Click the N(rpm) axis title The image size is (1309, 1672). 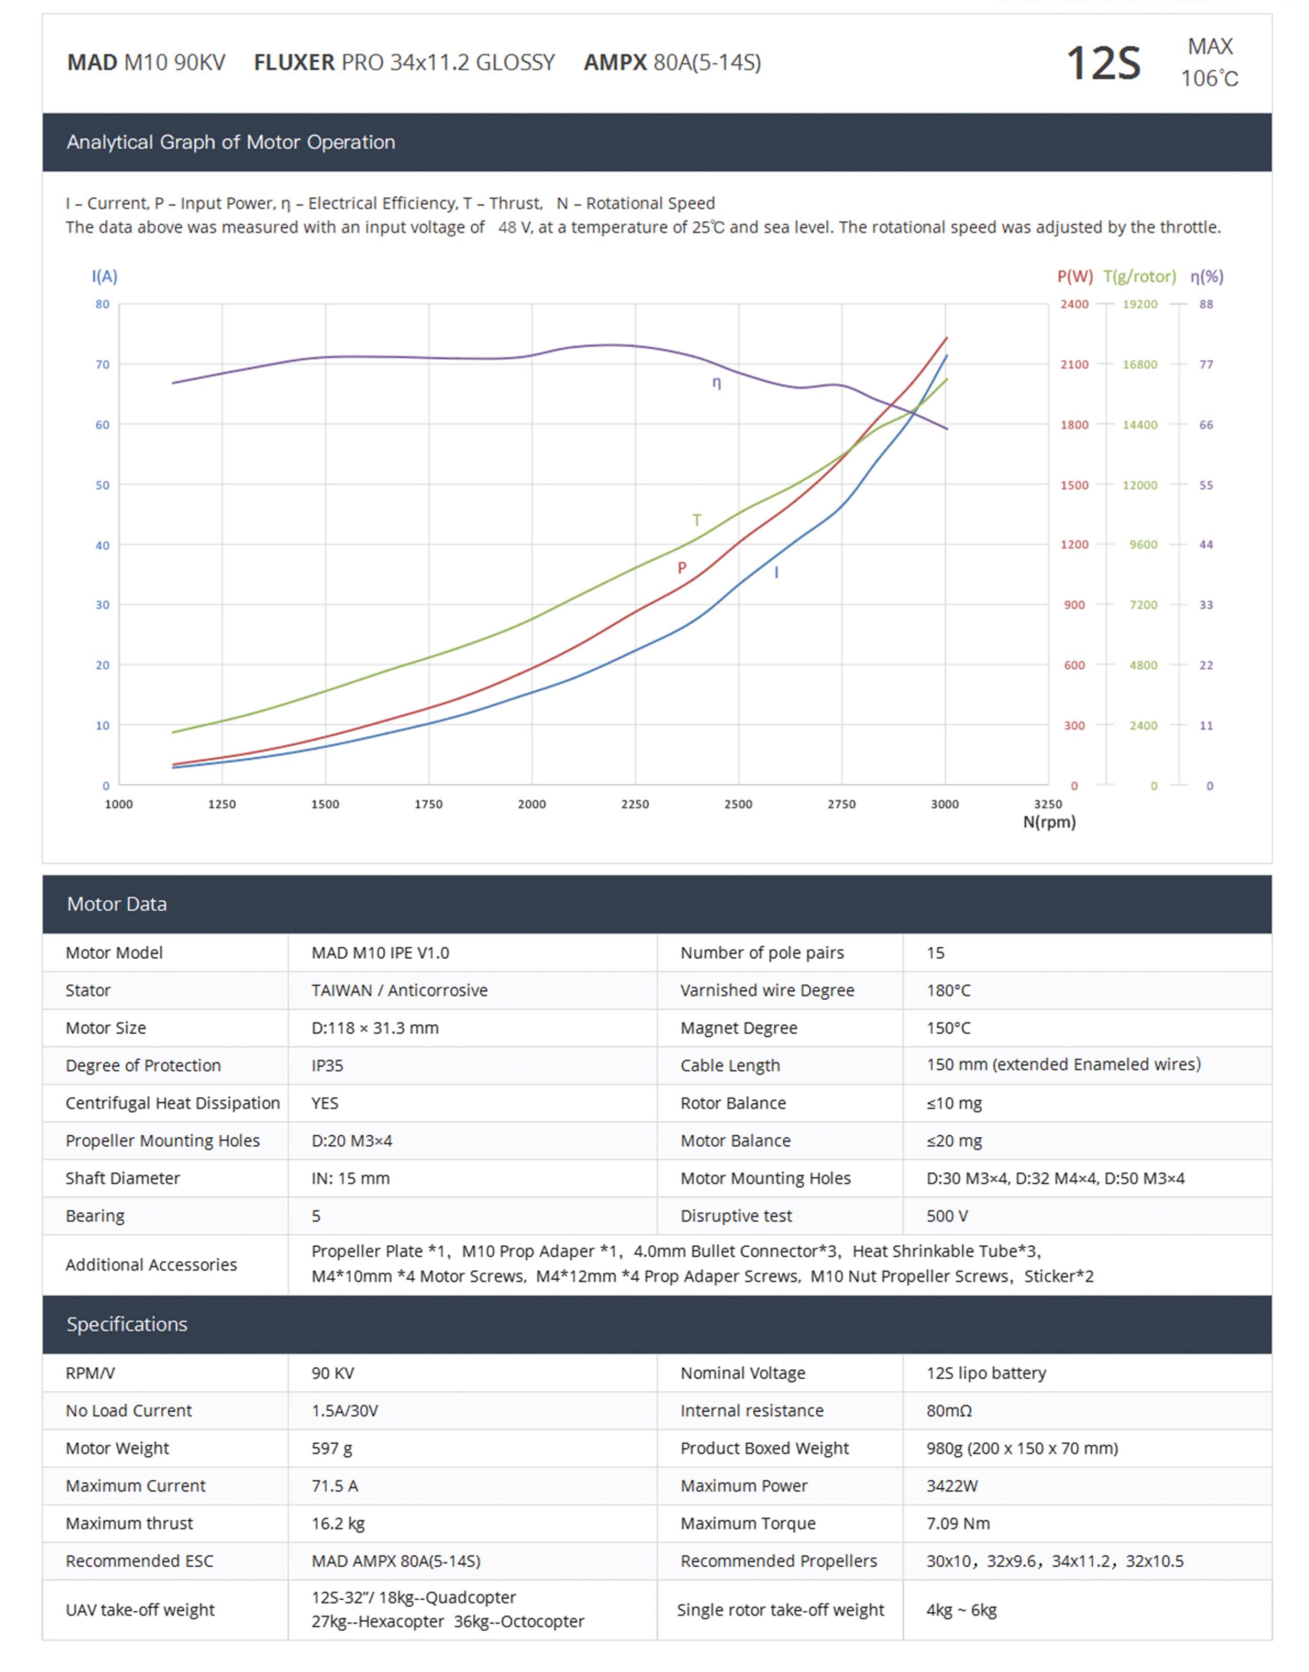[1049, 822]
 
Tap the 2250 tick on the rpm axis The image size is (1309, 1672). [635, 804]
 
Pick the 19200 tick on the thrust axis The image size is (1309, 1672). [1140, 304]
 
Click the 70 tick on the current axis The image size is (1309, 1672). [102, 365]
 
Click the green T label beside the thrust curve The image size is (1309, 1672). [697, 521]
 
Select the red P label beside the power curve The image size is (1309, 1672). [681, 568]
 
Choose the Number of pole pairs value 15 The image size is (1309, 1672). [935, 953]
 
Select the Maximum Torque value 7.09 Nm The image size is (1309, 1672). [958, 1523]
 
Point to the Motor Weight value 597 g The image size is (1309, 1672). [332, 1448]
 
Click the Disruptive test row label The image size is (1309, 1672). [736, 1216]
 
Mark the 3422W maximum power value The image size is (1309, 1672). [952, 1486]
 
